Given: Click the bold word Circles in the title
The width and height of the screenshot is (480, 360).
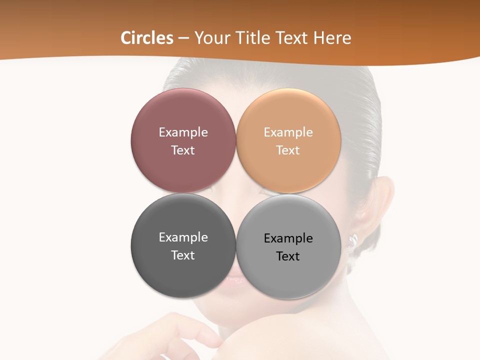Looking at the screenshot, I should (147, 38).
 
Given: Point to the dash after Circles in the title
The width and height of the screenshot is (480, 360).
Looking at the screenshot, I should (183, 38).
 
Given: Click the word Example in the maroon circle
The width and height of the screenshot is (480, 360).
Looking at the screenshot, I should (183, 132).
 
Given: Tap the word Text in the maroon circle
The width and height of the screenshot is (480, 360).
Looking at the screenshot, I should (183, 150).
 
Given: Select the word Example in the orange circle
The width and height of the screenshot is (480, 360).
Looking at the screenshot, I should (288, 132).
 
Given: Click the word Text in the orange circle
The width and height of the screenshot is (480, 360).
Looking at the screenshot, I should (288, 150).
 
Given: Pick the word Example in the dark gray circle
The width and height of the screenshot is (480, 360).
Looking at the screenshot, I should (183, 237).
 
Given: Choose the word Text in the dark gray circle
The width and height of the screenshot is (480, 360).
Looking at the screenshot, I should (183, 255).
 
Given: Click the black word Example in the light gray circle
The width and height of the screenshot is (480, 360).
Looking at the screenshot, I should (288, 238).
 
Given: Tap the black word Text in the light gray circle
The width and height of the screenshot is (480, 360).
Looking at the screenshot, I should (288, 256).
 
